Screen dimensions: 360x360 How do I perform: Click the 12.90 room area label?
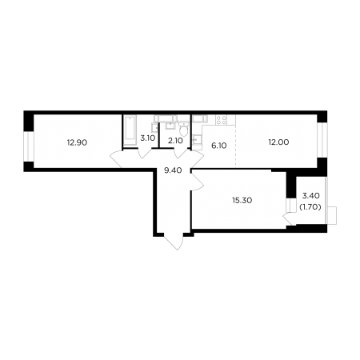click(x=77, y=142)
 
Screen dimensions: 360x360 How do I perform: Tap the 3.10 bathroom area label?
click(x=147, y=138)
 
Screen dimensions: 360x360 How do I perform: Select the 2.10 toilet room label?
click(x=175, y=141)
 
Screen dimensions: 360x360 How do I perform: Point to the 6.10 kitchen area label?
click(x=219, y=146)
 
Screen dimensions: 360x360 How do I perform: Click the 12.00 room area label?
click(x=278, y=142)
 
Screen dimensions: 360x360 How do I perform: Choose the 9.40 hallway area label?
click(x=173, y=170)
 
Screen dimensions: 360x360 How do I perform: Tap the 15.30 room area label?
click(x=242, y=200)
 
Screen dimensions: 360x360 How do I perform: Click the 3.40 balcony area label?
click(x=311, y=196)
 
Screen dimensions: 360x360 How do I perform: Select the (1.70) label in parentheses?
click(x=310, y=206)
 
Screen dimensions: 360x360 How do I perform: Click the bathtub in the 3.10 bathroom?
click(x=130, y=130)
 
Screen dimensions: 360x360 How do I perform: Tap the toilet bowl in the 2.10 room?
click(x=183, y=130)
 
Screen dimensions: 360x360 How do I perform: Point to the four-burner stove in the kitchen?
click(x=222, y=120)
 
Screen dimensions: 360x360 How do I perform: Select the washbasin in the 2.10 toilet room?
click(x=170, y=125)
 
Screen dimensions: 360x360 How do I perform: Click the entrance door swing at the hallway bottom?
click(x=174, y=242)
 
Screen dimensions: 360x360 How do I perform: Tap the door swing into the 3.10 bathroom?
click(x=145, y=154)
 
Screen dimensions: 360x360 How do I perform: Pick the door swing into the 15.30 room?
click(x=197, y=180)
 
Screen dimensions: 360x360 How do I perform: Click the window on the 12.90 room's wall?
click(x=29, y=146)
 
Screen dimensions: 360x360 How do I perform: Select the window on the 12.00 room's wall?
click(x=322, y=140)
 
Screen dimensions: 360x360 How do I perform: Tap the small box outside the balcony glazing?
click(x=332, y=215)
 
